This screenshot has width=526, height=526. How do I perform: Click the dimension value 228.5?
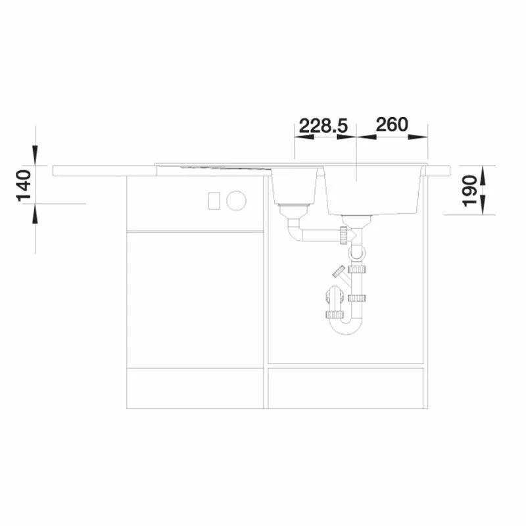coord(323,126)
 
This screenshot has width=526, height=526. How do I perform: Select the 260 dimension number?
coord(392,124)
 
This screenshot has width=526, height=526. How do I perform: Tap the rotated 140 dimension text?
coord(24,186)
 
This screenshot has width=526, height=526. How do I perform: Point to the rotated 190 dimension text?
coord(469,191)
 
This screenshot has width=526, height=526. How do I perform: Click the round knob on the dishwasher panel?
coord(236,201)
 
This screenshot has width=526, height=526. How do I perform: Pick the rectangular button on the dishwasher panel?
coord(214,201)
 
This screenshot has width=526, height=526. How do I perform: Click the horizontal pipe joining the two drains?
coord(320,235)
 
